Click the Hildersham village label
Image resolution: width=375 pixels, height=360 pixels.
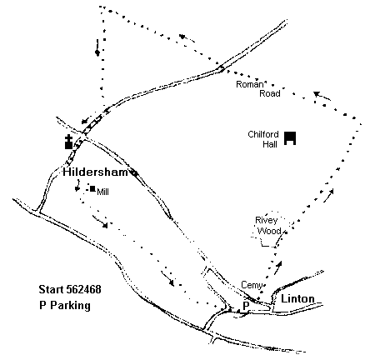pyautogui.click(x=95, y=172)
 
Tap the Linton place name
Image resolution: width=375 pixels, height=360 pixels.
pyautogui.click(x=297, y=299)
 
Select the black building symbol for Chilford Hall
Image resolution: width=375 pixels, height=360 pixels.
pyautogui.click(x=290, y=138)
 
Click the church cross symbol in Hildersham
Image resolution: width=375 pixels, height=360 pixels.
pyautogui.click(x=68, y=142)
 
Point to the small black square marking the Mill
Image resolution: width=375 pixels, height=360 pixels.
pyautogui.click(x=92, y=189)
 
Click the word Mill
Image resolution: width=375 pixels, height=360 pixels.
pyautogui.click(x=102, y=192)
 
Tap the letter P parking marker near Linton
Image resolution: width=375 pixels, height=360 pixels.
pyautogui.click(x=246, y=306)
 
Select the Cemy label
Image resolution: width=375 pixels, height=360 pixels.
pyautogui.click(x=252, y=285)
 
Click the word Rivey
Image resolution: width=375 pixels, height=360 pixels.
pyautogui.click(x=267, y=221)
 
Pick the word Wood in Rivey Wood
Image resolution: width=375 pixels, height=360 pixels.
pyautogui.click(x=269, y=231)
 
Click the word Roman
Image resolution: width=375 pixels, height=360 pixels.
pyautogui.click(x=249, y=84)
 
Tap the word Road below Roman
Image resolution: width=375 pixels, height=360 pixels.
pyautogui.click(x=270, y=93)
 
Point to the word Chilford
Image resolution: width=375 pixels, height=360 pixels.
pyautogui.click(x=263, y=134)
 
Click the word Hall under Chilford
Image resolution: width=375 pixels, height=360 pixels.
pyautogui.click(x=270, y=144)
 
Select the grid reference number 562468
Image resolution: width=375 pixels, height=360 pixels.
pyautogui.click(x=83, y=289)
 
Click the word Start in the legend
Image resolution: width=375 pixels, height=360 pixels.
pyautogui.click(x=51, y=289)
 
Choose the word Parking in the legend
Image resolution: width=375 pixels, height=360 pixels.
pyautogui.click(x=70, y=306)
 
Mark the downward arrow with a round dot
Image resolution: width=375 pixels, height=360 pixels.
pyautogui.click(x=97, y=47)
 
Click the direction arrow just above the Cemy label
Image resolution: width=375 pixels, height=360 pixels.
pyautogui.click(x=278, y=267)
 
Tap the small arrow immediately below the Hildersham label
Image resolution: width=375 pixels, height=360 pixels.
pyautogui.click(x=77, y=186)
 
